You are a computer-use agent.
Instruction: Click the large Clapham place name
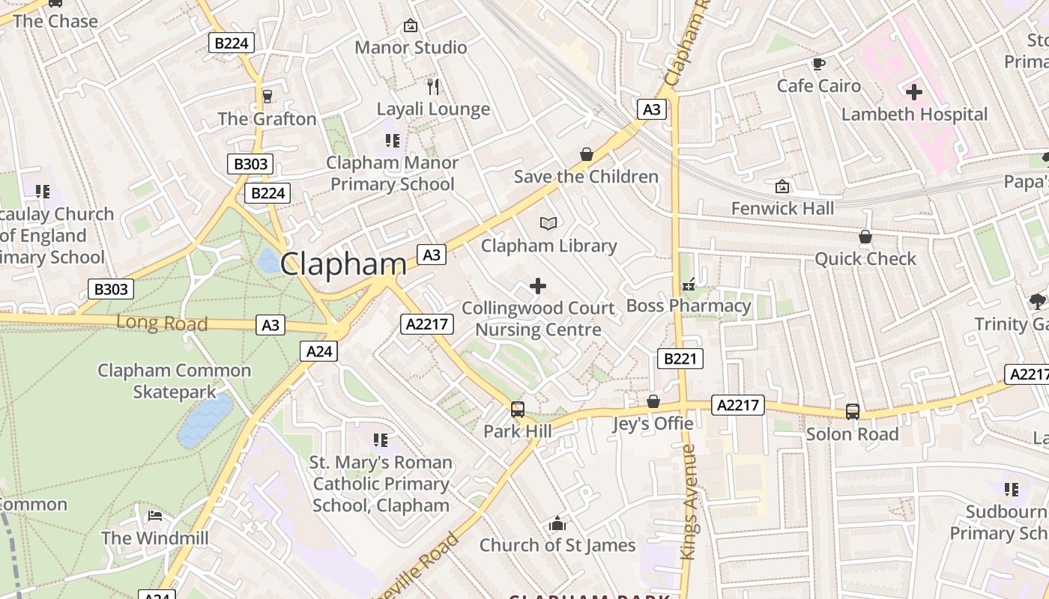(343, 264)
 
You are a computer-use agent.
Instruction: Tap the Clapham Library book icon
(548, 223)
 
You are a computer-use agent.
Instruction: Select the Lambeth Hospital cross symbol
(914, 93)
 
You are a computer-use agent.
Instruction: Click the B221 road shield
(680, 359)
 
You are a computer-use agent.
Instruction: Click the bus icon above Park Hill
(517, 410)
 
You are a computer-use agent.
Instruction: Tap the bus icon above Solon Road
(853, 411)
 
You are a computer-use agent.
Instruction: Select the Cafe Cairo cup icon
(818, 64)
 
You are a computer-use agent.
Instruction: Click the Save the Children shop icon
(587, 154)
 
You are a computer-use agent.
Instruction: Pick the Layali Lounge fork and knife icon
(432, 87)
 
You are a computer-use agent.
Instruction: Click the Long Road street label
(161, 323)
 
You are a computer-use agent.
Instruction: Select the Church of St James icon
(557, 523)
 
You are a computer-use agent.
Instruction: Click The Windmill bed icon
(154, 516)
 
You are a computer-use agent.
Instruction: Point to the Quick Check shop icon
(865, 237)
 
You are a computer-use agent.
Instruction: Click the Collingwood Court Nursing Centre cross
(537, 286)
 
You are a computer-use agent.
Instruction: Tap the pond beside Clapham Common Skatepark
(204, 421)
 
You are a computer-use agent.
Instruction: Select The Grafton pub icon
(267, 96)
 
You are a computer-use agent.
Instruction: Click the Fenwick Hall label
(782, 208)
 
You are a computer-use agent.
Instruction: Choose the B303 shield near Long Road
(111, 289)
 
